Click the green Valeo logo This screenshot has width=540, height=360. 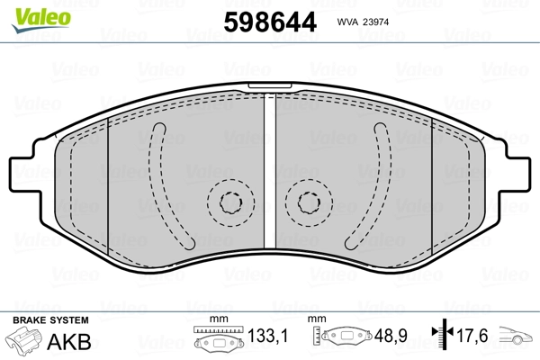(x=41, y=20)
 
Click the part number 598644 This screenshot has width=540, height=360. (x=270, y=22)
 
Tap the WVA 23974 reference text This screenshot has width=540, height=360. (x=363, y=22)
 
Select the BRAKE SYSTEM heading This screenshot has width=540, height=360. (x=50, y=320)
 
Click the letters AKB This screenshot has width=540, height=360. (x=69, y=342)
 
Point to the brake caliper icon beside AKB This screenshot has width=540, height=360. (x=23, y=341)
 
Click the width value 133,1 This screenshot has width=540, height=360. (x=267, y=336)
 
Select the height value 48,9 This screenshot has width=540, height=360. (x=391, y=336)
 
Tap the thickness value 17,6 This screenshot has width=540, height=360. (x=472, y=336)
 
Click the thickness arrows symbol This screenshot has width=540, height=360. (x=443, y=333)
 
